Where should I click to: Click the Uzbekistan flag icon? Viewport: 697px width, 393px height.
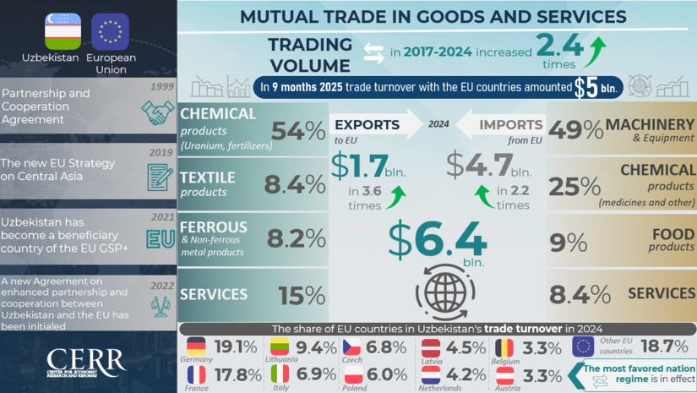(x=63, y=31)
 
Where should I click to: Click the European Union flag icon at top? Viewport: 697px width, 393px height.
(x=110, y=31)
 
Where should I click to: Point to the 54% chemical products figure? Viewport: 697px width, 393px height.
(x=297, y=131)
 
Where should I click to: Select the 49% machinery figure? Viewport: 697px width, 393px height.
(x=575, y=129)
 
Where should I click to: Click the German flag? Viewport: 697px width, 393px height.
(x=196, y=347)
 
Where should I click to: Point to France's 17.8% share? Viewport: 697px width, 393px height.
(x=238, y=374)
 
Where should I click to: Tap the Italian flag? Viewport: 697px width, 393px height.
(x=280, y=374)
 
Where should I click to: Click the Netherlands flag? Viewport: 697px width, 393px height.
(x=432, y=374)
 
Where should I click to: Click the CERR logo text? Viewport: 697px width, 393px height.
(x=87, y=358)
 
